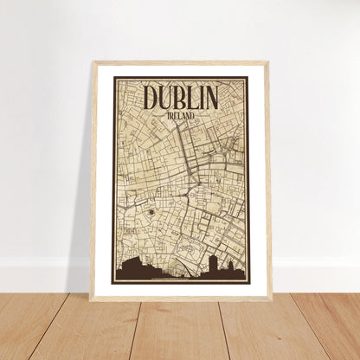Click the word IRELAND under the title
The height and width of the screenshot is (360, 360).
(x=181, y=114)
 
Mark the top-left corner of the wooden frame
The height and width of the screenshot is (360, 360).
(x=93, y=63)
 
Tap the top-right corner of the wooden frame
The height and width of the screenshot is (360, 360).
(x=268, y=63)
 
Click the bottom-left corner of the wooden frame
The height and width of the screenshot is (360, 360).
(x=91, y=299)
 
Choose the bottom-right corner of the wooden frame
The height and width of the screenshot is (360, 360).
(x=270, y=299)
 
